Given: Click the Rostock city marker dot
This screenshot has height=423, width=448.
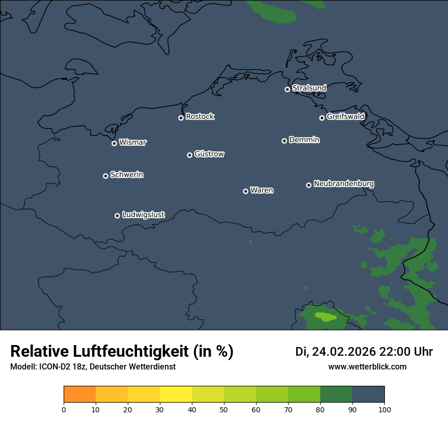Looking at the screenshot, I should pyautogui.click(x=181, y=118).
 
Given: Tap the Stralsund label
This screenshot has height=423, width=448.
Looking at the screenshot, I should pyautogui.click(x=309, y=88).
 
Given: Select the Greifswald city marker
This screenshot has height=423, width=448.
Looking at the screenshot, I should pyautogui.click(x=322, y=118).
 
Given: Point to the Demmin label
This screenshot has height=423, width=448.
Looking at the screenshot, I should pyautogui.click(x=304, y=140).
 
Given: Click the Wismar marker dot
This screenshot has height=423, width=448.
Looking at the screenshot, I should pyautogui.click(x=114, y=143).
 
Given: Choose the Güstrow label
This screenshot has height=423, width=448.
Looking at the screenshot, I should pyautogui.click(x=209, y=154).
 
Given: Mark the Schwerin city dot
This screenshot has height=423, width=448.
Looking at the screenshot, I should pyautogui.click(x=105, y=176).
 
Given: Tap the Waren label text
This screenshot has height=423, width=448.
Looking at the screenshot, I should pyautogui.click(x=262, y=191).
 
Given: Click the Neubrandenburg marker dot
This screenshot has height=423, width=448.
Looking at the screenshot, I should pyautogui.click(x=309, y=185).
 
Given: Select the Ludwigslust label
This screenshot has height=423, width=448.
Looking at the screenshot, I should pyautogui.click(x=144, y=215).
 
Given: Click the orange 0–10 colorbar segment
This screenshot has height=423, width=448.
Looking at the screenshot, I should pyautogui.click(x=79, y=394).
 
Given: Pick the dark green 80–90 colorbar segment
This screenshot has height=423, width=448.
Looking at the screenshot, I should pyautogui.click(x=336, y=394).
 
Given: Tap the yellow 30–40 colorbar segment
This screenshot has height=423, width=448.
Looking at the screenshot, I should pyautogui.click(x=176, y=394).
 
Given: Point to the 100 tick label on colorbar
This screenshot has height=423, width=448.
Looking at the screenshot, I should pyautogui.click(x=384, y=410).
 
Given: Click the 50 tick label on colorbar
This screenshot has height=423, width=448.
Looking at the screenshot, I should pyautogui.click(x=224, y=410).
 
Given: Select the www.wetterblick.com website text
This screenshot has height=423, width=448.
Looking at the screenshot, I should pyautogui.click(x=367, y=366).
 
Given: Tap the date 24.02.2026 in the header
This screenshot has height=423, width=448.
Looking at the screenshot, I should pyautogui.click(x=344, y=352).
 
